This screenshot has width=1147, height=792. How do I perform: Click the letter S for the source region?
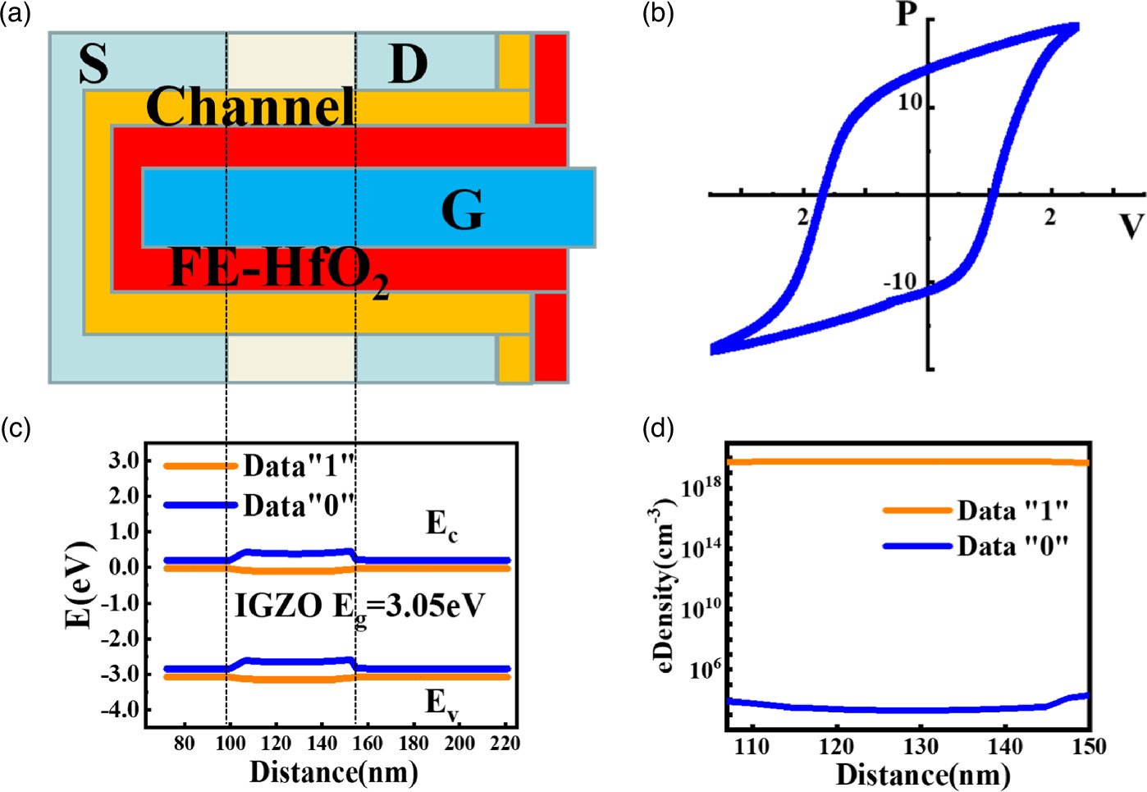(94, 63)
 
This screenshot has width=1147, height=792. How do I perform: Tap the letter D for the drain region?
(408, 63)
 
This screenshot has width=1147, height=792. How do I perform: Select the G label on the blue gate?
(463, 210)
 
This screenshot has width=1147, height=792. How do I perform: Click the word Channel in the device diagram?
(250, 107)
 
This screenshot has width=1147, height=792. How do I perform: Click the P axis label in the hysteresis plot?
(907, 14)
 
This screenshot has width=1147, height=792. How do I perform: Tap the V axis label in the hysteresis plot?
(1131, 225)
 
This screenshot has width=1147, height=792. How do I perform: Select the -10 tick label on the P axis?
(899, 282)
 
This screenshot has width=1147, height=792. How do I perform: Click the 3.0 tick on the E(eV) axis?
(124, 460)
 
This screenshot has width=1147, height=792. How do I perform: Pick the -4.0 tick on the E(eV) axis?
(121, 709)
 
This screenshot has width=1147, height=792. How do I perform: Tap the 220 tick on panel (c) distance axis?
(505, 744)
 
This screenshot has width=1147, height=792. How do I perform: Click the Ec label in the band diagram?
(441, 524)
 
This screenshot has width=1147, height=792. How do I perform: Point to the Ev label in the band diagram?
(441, 703)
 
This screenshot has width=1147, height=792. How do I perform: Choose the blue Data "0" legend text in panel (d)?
(1012, 547)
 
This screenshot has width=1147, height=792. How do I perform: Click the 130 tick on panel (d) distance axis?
(921, 747)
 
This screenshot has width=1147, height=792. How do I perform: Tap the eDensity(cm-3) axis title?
(664, 588)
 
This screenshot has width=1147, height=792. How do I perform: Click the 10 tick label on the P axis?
(910, 103)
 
